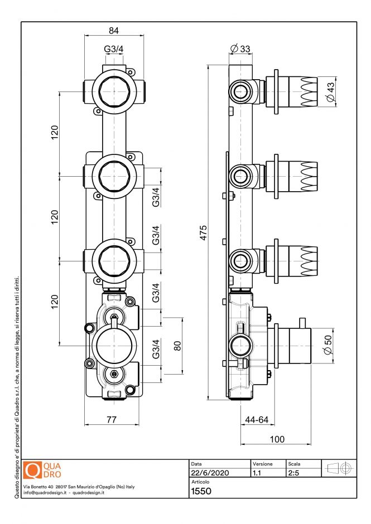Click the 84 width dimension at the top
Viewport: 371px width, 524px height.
pyautogui.click(x=114, y=30)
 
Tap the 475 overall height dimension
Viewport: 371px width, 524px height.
pyautogui.click(x=204, y=232)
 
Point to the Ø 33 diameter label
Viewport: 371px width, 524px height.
pyautogui.click(x=240, y=49)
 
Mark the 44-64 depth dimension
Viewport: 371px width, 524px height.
pyautogui.click(x=256, y=419)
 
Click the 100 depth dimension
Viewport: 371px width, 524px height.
pyautogui.click(x=277, y=439)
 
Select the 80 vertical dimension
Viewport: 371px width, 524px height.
pyautogui.click(x=177, y=346)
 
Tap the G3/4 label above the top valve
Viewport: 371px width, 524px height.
pyautogui.click(x=114, y=50)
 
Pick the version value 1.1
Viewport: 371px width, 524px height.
pyautogui.click(x=257, y=473)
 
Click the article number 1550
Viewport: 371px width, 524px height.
pyautogui.click(x=201, y=491)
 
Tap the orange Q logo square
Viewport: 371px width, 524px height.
pyautogui.click(x=33, y=470)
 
